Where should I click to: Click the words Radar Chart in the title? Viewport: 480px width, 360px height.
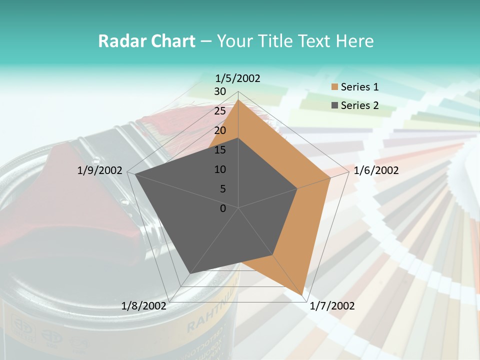146,41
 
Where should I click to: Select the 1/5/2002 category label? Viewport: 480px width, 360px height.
237,78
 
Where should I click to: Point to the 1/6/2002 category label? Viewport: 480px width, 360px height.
376,170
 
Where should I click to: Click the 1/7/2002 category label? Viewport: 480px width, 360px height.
332,306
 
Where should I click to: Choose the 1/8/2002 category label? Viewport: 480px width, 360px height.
144,306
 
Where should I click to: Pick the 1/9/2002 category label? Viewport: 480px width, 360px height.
100,170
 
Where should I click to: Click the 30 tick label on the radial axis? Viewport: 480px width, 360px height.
220,91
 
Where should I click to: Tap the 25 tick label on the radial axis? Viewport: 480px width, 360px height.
220,111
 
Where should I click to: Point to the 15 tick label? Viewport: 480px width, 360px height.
220,150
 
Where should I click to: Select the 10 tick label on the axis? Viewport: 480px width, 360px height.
220,169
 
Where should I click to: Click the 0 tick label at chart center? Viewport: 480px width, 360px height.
223,208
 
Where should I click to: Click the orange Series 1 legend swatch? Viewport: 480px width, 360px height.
335,87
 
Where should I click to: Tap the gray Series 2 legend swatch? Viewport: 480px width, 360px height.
335,105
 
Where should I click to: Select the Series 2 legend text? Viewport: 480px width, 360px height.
359,105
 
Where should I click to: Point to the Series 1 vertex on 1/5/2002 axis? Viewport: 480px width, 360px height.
238,99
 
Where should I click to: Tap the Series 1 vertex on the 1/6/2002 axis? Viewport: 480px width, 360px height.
330,177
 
